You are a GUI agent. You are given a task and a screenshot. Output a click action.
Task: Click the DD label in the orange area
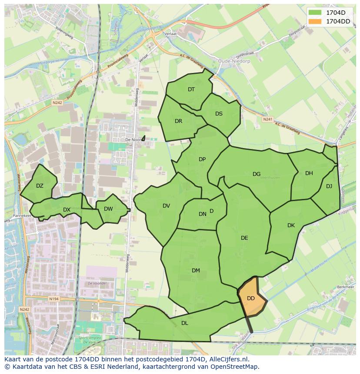[x=251, y=298]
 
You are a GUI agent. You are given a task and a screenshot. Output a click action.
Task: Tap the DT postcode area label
[x=191, y=89]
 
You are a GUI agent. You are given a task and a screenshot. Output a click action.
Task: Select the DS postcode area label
[x=219, y=114]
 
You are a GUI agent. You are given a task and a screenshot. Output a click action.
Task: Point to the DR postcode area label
[x=178, y=121]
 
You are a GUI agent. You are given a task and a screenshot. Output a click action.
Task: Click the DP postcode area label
[x=202, y=159]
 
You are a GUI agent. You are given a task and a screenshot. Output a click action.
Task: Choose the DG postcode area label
[x=257, y=174]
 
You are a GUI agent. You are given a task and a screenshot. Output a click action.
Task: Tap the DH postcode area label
[x=309, y=173]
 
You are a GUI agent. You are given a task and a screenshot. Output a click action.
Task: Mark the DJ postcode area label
[x=329, y=186]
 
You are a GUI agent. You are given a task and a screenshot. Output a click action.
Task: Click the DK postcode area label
[x=291, y=225]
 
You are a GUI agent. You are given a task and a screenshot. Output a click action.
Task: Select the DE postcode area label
[x=244, y=238]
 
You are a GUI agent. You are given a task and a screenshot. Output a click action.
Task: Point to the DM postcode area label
[x=196, y=271]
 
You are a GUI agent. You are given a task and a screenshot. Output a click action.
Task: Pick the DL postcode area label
[x=185, y=323]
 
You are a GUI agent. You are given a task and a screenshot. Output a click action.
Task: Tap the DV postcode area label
[x=166, y=206]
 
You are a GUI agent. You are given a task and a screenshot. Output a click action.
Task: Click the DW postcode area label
[x=108, y=209]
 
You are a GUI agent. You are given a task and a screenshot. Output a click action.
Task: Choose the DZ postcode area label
[x=40, y=186]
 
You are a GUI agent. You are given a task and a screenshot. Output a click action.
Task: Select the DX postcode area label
[x=67, y=210]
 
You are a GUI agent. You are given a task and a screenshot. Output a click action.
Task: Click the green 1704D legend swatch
[x=315, y=12]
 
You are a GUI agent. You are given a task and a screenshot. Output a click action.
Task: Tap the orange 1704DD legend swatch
[x=315, y=21]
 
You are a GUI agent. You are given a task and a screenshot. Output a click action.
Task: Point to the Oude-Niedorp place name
[x=233, y=61]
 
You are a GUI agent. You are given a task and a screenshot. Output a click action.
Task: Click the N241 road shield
[x=267, y=119]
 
